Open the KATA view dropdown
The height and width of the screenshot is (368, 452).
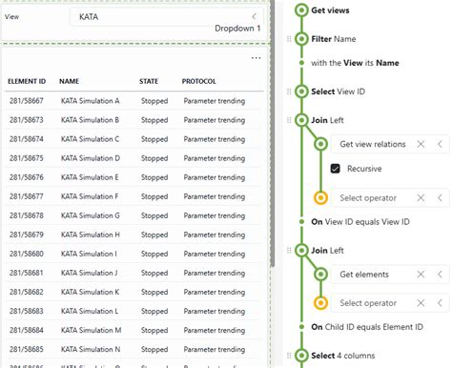pos(168,17)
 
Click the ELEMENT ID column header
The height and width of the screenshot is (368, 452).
pos(28,81)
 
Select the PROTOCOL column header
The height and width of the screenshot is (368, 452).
pos(198,81)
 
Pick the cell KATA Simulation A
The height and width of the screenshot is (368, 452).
pos(90,100)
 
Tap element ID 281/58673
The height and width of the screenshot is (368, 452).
pos(27,119)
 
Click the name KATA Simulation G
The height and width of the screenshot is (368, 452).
pos(91,215)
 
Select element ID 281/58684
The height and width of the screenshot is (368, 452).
pos(27,330)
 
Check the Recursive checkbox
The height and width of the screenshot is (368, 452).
pos(336,169)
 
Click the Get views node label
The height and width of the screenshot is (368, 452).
pos(330,10)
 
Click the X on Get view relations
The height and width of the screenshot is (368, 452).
pos(418,144)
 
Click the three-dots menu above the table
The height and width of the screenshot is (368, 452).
pos(256,58)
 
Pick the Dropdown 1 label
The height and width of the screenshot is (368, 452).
pos(237,29)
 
